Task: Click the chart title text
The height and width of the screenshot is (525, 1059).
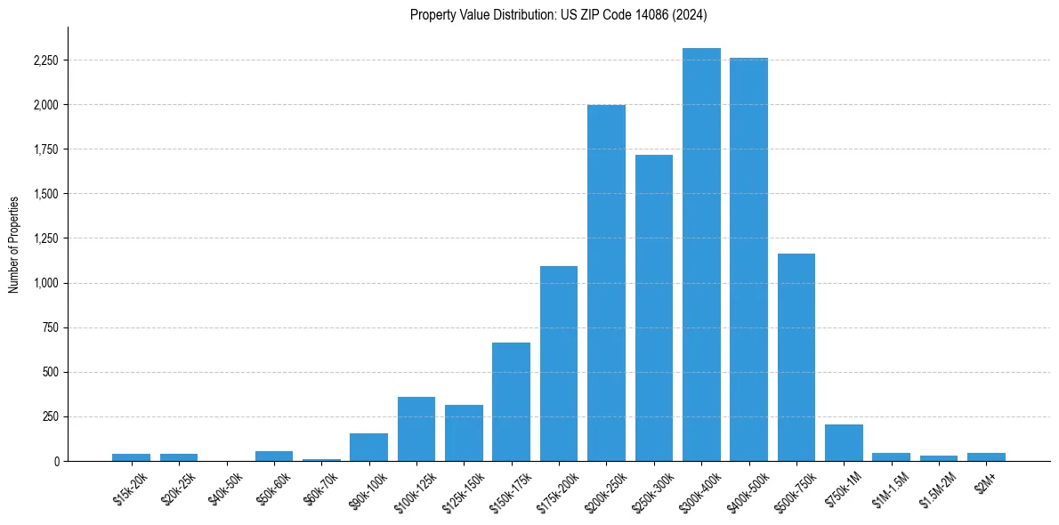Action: tap(559, 14)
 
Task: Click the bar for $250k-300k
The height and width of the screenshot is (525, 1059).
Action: tap(654, 308)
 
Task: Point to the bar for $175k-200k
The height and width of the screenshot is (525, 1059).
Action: tap(559, 364)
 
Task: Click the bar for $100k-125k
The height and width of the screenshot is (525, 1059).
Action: tap(416, 429)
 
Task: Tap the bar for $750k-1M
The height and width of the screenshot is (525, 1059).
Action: tap(844, 443)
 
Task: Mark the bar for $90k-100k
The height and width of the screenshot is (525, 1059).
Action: tap(368, 448)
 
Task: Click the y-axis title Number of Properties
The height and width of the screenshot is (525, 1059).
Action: tap(14, 244)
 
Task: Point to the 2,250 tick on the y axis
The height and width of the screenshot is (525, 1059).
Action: tap(44, 61)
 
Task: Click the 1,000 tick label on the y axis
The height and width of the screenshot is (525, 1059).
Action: tap(44, 283)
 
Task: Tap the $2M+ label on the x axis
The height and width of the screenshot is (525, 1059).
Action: tap(987, 481)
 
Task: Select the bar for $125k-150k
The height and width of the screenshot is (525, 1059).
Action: tap(464, 433)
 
